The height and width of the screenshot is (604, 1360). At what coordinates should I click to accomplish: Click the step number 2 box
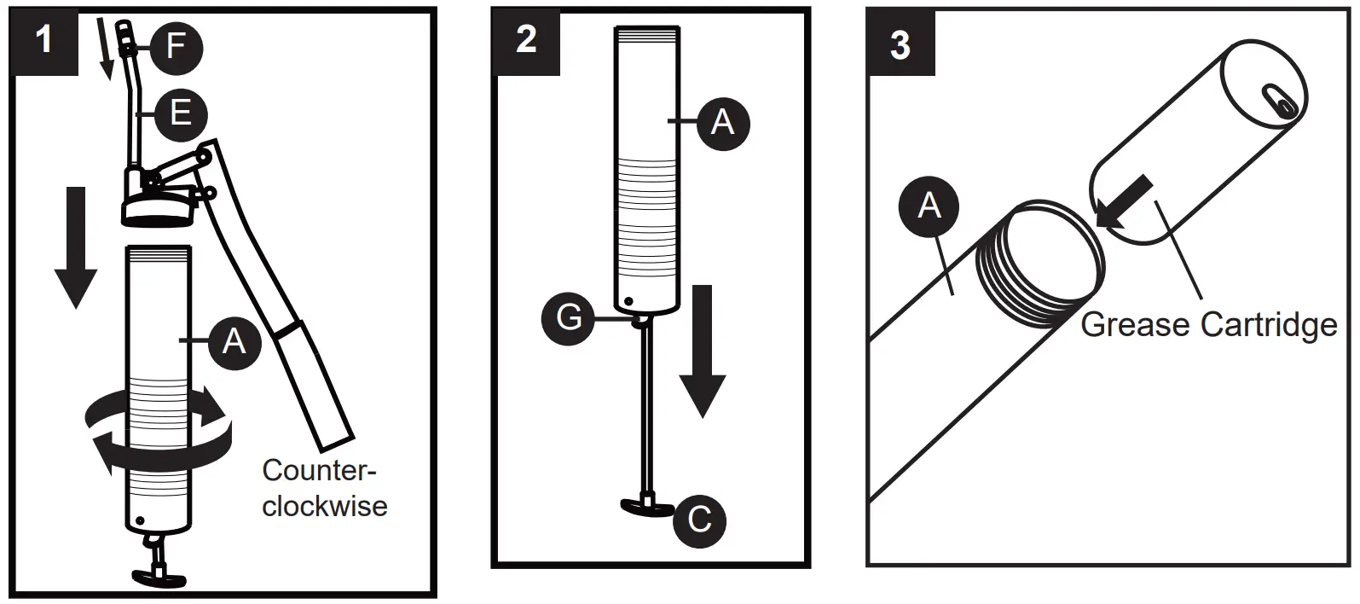point(526,39)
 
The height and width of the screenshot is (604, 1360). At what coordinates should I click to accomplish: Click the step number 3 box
point(900,43)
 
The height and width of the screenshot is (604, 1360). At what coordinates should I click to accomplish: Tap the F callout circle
point(176,46)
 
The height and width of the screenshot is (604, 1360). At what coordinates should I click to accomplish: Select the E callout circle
point(181,113)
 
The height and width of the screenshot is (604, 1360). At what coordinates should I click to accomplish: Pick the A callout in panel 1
point(233,341)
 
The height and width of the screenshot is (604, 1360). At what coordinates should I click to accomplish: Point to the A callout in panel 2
point(722,122)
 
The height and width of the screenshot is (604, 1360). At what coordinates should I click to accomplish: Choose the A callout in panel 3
point(929,206)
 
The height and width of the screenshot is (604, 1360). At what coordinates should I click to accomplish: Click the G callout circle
point(569,318)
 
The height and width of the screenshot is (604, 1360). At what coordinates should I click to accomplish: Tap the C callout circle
point(699,520)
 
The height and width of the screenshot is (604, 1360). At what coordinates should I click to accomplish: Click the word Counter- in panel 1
point(319,471)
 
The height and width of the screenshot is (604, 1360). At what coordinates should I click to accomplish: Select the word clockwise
point(324,506)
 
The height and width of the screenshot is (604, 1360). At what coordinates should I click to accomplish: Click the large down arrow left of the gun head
point(75,247)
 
